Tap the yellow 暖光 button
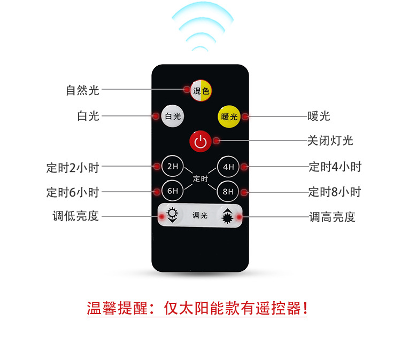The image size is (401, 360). (228, 116)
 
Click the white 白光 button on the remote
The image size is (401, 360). (173, 116)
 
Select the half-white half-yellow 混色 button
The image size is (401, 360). (200, 91)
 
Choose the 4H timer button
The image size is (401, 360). (228, 166)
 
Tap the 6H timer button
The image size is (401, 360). (172, 191)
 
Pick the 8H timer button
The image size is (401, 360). (228, 191)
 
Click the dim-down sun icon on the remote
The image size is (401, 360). (172, 215)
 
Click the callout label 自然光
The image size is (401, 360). (82, 90)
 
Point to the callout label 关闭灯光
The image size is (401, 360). (330, 140)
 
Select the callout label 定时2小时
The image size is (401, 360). (73, 167)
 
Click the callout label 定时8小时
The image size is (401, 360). (335, 191)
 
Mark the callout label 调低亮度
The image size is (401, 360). (75, 216)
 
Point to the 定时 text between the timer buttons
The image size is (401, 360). (200, 178)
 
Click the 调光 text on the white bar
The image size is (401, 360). (200, 216)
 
